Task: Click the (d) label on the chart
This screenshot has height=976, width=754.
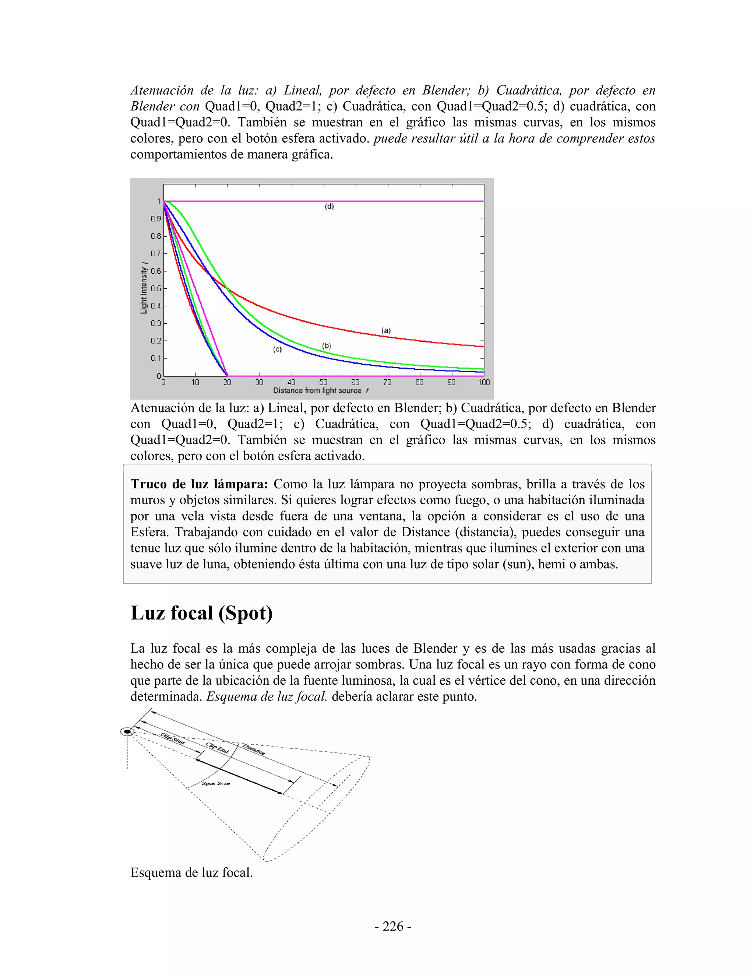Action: [x=329, y=207]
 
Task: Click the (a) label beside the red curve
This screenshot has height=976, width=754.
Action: [x=386, y=331]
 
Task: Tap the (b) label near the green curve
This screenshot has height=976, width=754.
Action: [x=327, y=346]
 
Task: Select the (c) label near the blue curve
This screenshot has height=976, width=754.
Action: [x=277, y=350]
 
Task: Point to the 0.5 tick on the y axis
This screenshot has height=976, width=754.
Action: [x=155, y=289]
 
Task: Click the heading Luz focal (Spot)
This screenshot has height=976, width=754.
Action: [x=201, y=613]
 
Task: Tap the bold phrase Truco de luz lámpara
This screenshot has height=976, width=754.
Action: [x=199, y=484]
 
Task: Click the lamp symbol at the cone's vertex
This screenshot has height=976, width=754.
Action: [x=127, y=731]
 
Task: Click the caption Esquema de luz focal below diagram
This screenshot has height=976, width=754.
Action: [x=191, y=873]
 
